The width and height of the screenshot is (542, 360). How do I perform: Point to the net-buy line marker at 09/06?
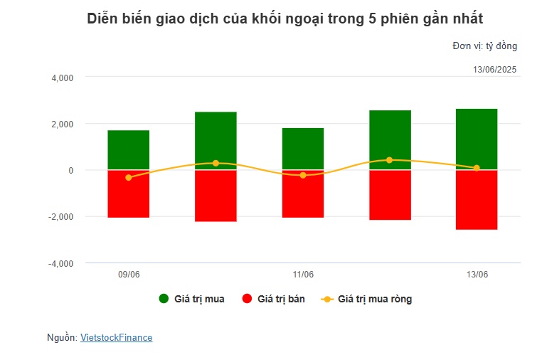[x=129, y=177]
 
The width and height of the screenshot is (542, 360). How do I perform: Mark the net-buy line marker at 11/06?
[x=303, y=175]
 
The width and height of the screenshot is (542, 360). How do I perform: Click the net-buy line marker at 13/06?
[x=477, y=168]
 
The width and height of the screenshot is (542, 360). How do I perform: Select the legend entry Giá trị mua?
[x=192, y=299]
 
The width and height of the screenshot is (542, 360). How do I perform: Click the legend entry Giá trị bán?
[x=274, y=299]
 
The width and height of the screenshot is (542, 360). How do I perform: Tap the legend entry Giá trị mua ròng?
[x=367, y=299]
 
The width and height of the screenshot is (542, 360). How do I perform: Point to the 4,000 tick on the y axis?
[x=63, y=78]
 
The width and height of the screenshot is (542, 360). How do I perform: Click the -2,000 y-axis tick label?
[x=61, y=217]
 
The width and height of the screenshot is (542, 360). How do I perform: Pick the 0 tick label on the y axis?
[x=70, y=170]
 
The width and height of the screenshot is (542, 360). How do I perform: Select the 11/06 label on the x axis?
[x=303, y=275]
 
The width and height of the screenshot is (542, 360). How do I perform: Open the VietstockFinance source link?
[x=116, y=338]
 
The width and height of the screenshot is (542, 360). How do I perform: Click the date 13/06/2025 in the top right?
[x=494, y=69]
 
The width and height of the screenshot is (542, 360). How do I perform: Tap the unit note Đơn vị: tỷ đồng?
[x=484, y=46]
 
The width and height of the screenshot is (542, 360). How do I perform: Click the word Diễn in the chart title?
[x=102, y=19]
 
